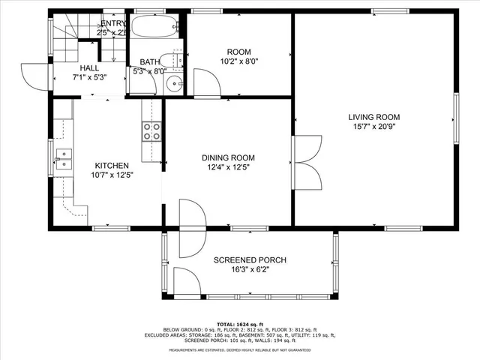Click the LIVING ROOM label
point(373,117)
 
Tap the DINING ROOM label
point(228,157)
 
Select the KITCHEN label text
point(111,166)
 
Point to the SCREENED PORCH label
point(250,260)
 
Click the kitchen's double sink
point(63,157)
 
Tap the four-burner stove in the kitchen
point(152,131)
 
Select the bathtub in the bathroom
point(155,28)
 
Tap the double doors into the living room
point(307,161)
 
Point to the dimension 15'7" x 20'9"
point(373,127)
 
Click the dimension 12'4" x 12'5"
point(228,168)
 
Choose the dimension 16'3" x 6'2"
point(250,270)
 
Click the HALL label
point(89,67)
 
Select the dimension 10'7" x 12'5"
point(111,175)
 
